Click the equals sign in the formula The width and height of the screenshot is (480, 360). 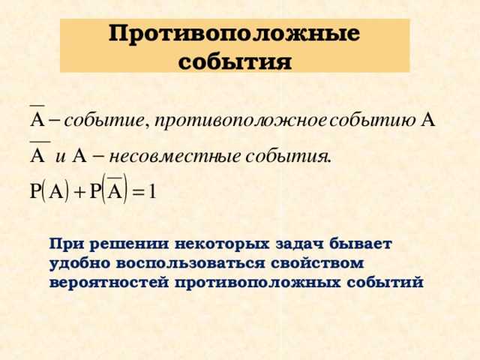click(x=140, y=192)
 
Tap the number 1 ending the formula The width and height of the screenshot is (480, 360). click(x=154, y=191)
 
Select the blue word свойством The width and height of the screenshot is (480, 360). click(x=323, y=265)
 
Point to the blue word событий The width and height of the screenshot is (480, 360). click(x=385, y=284)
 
